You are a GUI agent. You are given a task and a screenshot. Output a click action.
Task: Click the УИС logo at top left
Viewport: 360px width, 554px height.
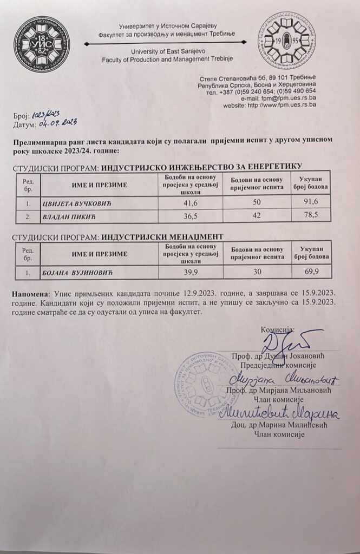tap(42, 43)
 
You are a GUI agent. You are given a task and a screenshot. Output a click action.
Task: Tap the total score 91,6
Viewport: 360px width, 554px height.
tap(308, 202)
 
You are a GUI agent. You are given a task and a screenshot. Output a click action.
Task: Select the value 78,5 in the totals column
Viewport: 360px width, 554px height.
tap(308, 215)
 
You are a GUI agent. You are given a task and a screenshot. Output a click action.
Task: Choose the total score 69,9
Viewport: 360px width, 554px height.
tap(308, 271)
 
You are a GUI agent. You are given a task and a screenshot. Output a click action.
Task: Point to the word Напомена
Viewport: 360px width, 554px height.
tap(30, 292)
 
